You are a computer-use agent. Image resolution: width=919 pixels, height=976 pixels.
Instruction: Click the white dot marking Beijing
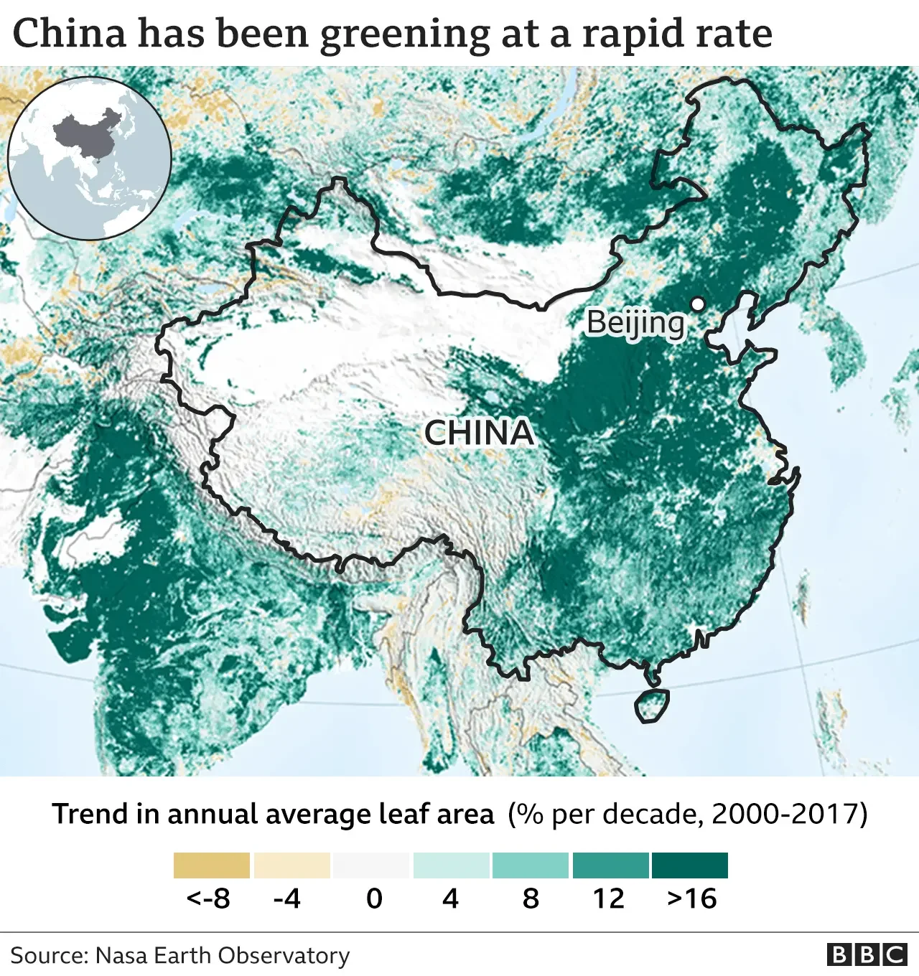click(x=696, y=304)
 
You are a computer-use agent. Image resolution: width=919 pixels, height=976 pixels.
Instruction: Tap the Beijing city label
click(x=635, y=323)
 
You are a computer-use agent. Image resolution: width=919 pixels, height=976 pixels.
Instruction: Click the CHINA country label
click(x=479, y=433)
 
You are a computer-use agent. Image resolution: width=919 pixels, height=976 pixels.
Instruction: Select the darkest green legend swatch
click(x=690, y=865)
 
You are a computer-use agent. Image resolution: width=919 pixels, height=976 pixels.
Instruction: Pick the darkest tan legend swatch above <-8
click(x=212, y=865)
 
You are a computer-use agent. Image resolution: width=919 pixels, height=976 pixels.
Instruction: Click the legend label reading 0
click(x=374, y=898)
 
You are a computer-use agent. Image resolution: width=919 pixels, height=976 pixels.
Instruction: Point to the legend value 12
click(x=609, y=898)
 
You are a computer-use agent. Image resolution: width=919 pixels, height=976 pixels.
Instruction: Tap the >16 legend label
click(x=691, y=898)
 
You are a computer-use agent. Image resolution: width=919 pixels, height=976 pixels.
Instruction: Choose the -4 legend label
click(x=287, y=898)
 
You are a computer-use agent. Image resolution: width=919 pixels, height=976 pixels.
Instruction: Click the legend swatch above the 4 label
click(x=452, y=865)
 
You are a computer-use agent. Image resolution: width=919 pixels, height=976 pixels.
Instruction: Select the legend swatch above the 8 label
click(x=531, y=865)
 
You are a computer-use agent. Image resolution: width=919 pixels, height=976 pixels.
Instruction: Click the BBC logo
click(x=867, y=954)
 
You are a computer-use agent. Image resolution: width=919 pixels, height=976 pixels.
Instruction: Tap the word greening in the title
click(x=405, y=34)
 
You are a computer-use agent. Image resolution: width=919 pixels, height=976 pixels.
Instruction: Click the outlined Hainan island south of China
click(x=652, y=705)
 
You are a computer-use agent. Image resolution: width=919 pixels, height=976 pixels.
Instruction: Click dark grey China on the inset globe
click(x=86, y=136)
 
